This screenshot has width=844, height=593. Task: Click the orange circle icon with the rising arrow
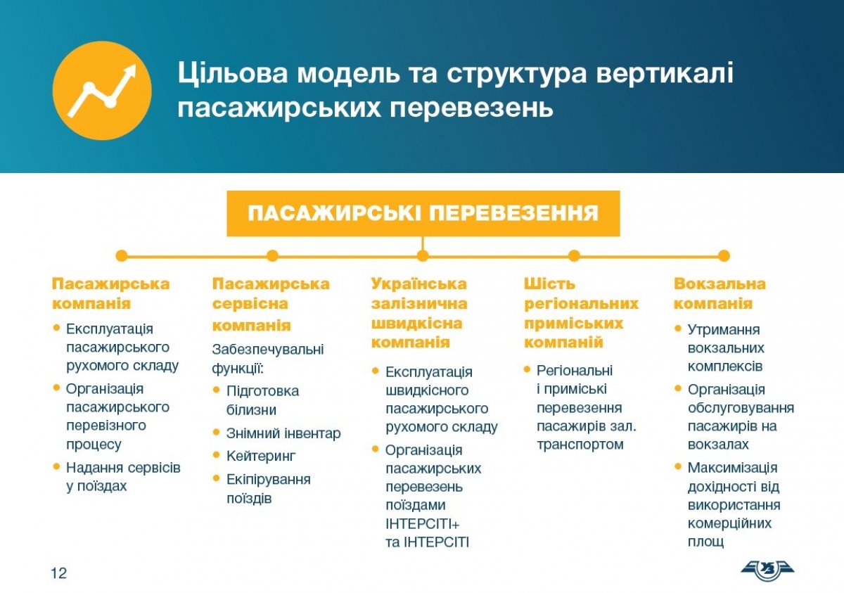[x=102, y=91]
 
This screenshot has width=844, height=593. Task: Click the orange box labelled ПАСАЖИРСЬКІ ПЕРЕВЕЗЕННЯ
[x=423, y=214]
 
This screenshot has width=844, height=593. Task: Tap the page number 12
[x=58, y=573]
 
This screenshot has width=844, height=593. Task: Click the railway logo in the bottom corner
[x=767, y=570]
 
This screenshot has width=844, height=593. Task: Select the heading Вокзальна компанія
[x=720, y=293]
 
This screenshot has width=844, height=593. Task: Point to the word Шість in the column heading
[x=549, y=283]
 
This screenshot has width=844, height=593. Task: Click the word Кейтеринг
[x=261, y=457]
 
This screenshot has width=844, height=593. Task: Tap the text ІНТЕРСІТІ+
[x=423, y=524]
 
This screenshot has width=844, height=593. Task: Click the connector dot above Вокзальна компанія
[x=724, y=256]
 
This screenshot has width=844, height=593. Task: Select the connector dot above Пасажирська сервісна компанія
[x=272, y=256]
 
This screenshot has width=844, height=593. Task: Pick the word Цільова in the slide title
[x=233, y=72]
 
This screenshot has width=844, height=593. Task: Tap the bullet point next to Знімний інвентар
[x=217, y=432]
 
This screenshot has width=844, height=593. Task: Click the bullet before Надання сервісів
[x=56, y=466]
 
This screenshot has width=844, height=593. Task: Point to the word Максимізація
[x=732, y=468]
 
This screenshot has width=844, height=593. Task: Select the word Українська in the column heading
[x=418, y=283]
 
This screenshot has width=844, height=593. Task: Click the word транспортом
[x=580, y=445]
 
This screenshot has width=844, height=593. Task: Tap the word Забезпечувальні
[x=268, y=349]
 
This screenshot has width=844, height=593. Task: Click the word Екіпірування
[x=268, y=480]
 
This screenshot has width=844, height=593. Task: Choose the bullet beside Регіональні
[x=527, y=369]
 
